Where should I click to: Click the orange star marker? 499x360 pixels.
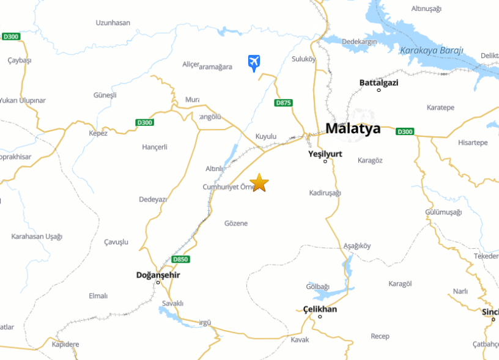click(260, 182)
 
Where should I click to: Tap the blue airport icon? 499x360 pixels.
click(254, 62)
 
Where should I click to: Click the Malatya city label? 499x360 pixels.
click(353, 129)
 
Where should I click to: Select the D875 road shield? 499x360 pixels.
click(283, 103)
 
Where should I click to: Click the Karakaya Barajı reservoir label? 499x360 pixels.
click(432, 50)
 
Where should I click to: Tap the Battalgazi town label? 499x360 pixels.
click(379, 82)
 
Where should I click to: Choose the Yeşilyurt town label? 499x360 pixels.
click(325, 154)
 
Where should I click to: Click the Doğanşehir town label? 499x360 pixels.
click(158, 275)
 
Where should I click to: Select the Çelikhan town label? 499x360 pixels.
click(320, 309)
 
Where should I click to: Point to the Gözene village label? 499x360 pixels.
click(236, 223)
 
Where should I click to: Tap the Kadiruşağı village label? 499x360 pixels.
click(325, 193)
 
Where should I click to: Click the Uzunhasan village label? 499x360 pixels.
click(113, 23)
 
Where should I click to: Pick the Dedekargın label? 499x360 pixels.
click(359, 42)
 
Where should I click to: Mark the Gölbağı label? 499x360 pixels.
click(317, 287)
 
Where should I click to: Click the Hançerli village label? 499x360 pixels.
click(154, 147)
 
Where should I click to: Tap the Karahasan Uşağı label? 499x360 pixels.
click(37, 237)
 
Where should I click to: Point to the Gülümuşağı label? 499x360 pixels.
click(443, 212)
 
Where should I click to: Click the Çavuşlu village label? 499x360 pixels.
click(116, 242)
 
